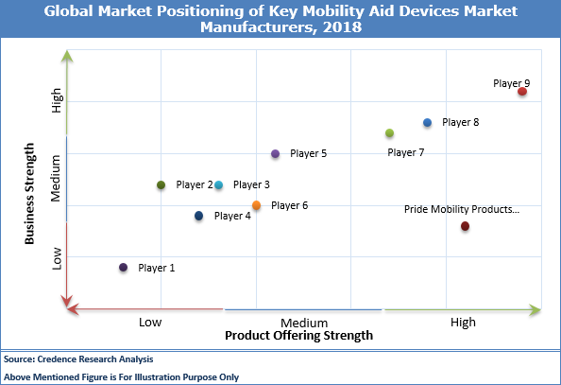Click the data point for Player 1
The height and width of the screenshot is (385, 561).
[x=123, y=268]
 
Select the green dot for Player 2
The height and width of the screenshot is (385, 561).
[x=161, y=185]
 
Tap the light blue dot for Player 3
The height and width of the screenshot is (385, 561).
[x=218, y=185]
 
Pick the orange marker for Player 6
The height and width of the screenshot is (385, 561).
[x=256, y=205]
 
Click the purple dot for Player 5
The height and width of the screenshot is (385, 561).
[x=275, y=153]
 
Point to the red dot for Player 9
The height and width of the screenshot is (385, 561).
[x=521, y=92]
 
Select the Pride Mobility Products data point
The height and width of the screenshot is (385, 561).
[x=465, y=226]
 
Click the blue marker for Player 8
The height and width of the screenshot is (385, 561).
[x=427, y=123]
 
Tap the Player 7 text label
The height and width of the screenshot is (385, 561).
[x=406, y=152]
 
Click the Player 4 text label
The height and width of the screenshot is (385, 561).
[x=232, y=216]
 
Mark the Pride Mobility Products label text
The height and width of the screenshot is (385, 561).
[x=462, y=209]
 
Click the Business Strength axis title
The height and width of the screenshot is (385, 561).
[x=30, y=194]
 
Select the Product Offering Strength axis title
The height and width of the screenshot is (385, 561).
[x=298, y=335]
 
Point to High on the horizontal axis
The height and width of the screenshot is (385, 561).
[x=463, y=322]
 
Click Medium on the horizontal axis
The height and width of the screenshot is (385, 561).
[x=303, y=322]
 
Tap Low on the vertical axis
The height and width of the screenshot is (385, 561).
[x=57, y=258]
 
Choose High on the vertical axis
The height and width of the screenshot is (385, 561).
[x=57, y=100]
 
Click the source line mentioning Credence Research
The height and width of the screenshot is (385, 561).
[x=78, y=359]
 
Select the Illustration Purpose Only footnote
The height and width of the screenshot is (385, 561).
[x=121, y=376]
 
